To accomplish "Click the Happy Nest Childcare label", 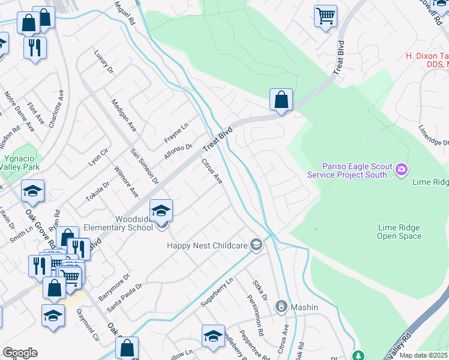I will tap(207, 245).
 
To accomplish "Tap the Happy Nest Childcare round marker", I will tap(256, 244).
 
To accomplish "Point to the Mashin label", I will tap(304, 307).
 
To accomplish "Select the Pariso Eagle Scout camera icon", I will tap(401, 170).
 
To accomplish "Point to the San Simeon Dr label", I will tap(145, 166).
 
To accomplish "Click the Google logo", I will tap(20, 353).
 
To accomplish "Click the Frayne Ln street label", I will tap(176, 133).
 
